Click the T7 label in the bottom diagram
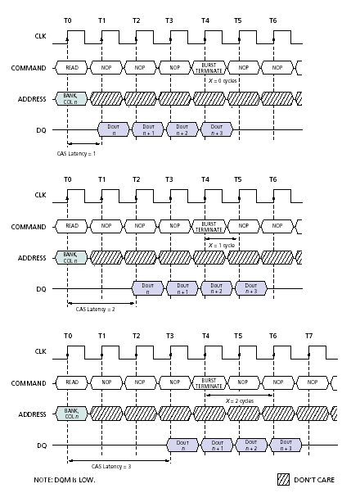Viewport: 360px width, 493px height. click(x=308, y=336)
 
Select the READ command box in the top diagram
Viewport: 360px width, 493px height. click(x=71, y=68)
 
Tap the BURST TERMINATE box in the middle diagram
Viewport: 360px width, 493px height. click(x=209, y=226)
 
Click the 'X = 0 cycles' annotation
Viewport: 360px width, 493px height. click(x=223, y=81)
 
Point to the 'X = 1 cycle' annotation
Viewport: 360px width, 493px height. click(x=222, y=245)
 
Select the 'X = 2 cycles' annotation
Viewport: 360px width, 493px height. click(x=240, y=401)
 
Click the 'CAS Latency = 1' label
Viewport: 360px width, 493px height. click(x=76, y=154)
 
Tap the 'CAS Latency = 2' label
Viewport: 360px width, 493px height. click(x=95, y=310)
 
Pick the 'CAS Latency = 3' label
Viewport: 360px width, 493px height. click(x=111, y=466)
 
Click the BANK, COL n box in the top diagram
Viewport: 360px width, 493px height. click(x=70, y=99)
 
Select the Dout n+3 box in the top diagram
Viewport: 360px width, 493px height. click(x=217, y=129)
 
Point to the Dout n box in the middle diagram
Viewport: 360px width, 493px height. click(x=147, y=288)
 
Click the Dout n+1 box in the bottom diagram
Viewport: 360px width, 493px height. click(x=217, y=446)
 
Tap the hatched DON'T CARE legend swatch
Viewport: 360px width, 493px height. click(x=283, y=479)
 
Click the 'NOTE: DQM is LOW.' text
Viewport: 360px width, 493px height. click(x=65, y=480)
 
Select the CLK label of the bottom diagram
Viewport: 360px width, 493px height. click(x=41, y=351)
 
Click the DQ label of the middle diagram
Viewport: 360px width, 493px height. click(x=41, y=289)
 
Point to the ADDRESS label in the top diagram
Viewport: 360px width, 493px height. click(x=32, y=99)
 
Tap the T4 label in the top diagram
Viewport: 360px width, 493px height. click(x=205, y=20)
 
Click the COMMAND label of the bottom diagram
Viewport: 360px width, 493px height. click(x=29, y=383)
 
